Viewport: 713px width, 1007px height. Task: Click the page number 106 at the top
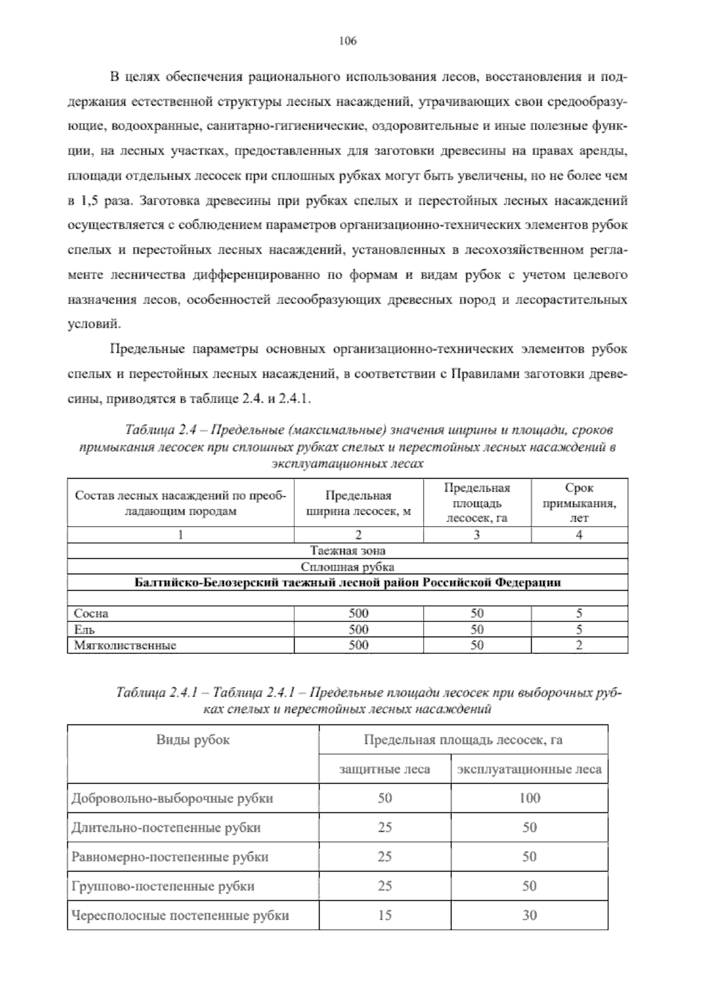[347, 41]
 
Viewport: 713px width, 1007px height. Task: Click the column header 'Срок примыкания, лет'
[579, 502]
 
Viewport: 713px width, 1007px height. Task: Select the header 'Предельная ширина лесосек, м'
[358, 503]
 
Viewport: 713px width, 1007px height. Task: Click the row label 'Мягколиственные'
[125, 645]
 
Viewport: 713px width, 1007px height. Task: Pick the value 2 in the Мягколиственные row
[579, 645]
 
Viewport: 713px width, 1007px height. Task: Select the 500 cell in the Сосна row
[358, 613]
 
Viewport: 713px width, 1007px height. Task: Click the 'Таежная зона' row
[348, 550]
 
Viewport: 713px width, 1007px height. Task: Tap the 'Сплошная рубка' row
[348, 566]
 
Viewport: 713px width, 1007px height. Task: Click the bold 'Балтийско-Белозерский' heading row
[348, 582]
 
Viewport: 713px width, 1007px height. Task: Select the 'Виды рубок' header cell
[193, 740]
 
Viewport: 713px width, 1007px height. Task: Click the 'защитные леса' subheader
[384, 769]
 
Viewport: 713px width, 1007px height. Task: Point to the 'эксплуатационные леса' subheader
[529, 769]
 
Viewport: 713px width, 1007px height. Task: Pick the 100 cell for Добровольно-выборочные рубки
[529, 798]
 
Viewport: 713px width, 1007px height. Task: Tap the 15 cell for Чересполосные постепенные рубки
[384, 915]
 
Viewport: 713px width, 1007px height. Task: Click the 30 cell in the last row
[529, 915]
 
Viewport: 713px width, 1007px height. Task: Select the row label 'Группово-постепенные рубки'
[163, 886]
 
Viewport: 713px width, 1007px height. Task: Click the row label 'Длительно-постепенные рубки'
[166, 827]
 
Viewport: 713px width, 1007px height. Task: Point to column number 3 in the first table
[477, 534]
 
